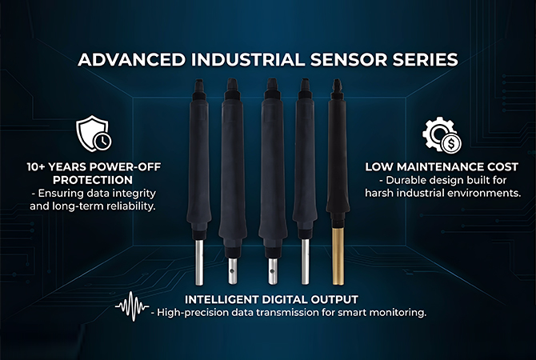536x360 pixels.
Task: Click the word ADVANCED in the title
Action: pos(132,60)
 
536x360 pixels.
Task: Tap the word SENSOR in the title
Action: pos(349,60)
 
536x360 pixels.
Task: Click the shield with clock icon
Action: pos(94,134)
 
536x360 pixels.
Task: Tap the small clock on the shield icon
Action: pos(103,141)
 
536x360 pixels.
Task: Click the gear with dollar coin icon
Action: pos(442,135)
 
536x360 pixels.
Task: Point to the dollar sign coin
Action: pos(451,144)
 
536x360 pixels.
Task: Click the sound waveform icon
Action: pos(132,306)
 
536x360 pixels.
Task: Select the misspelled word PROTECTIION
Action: pos(93,180)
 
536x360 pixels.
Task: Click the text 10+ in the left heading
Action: pos(35,167)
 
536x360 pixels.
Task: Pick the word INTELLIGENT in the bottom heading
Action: pos(221,300)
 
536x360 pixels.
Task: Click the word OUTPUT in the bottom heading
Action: pos(334,300)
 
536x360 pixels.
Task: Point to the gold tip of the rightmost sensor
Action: pos(338,256)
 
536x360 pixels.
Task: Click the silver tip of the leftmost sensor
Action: pos(199,262)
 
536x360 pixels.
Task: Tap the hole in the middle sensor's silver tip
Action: pos(272,271)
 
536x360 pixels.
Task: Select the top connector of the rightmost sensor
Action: pos(337,89)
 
